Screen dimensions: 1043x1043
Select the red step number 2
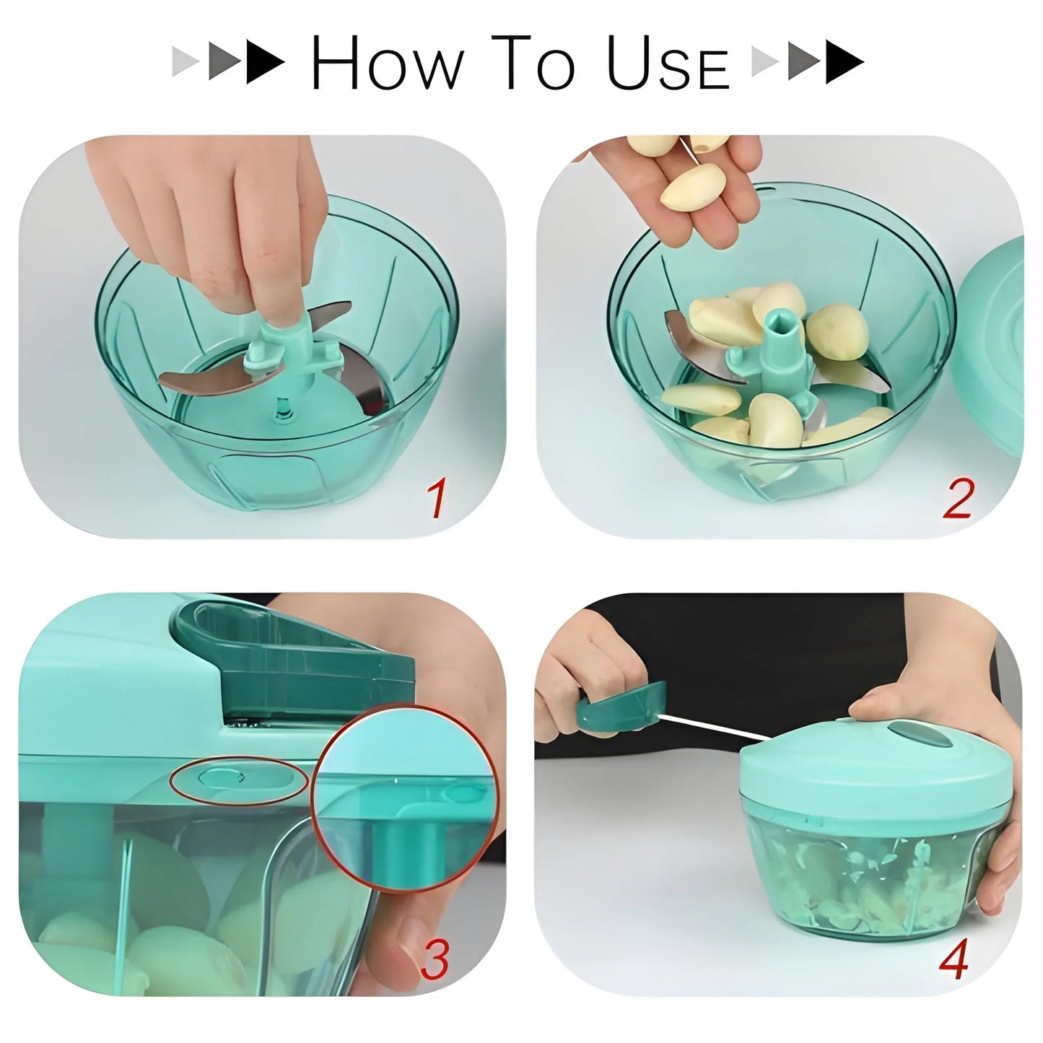tap(958, 499)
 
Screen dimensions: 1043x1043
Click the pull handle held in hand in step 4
tap(621, 706)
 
